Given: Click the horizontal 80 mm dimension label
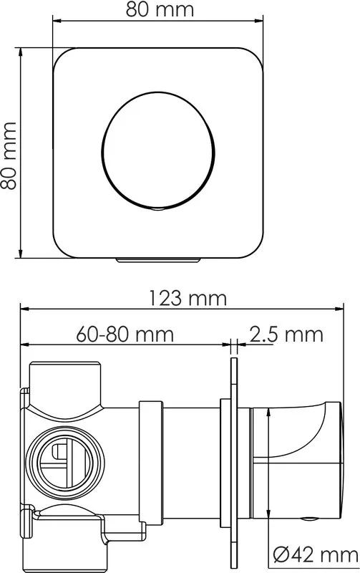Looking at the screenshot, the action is coord(160,10).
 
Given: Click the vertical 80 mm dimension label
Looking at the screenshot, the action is coord(9,156).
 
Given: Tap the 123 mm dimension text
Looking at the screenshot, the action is coord(188,298).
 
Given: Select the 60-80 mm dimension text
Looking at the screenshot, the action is coord(125,334).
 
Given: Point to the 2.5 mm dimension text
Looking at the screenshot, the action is coord(286,334).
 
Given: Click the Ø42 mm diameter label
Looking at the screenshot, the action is coord(316,555).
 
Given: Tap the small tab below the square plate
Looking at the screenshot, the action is coord(158,261).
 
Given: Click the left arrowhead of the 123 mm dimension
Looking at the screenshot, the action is coord(24,309).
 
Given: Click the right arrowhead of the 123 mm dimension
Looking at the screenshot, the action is coord(339,309).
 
